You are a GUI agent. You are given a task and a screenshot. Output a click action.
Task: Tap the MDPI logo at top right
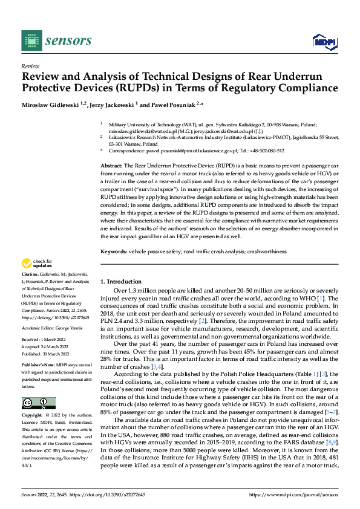[x=324, y=41]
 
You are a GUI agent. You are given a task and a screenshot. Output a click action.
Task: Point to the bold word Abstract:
[x=111, y=164]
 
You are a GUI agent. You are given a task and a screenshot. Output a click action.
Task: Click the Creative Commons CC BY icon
[x=38, y=403]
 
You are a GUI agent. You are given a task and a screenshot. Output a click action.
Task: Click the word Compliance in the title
[x=309, y=88]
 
